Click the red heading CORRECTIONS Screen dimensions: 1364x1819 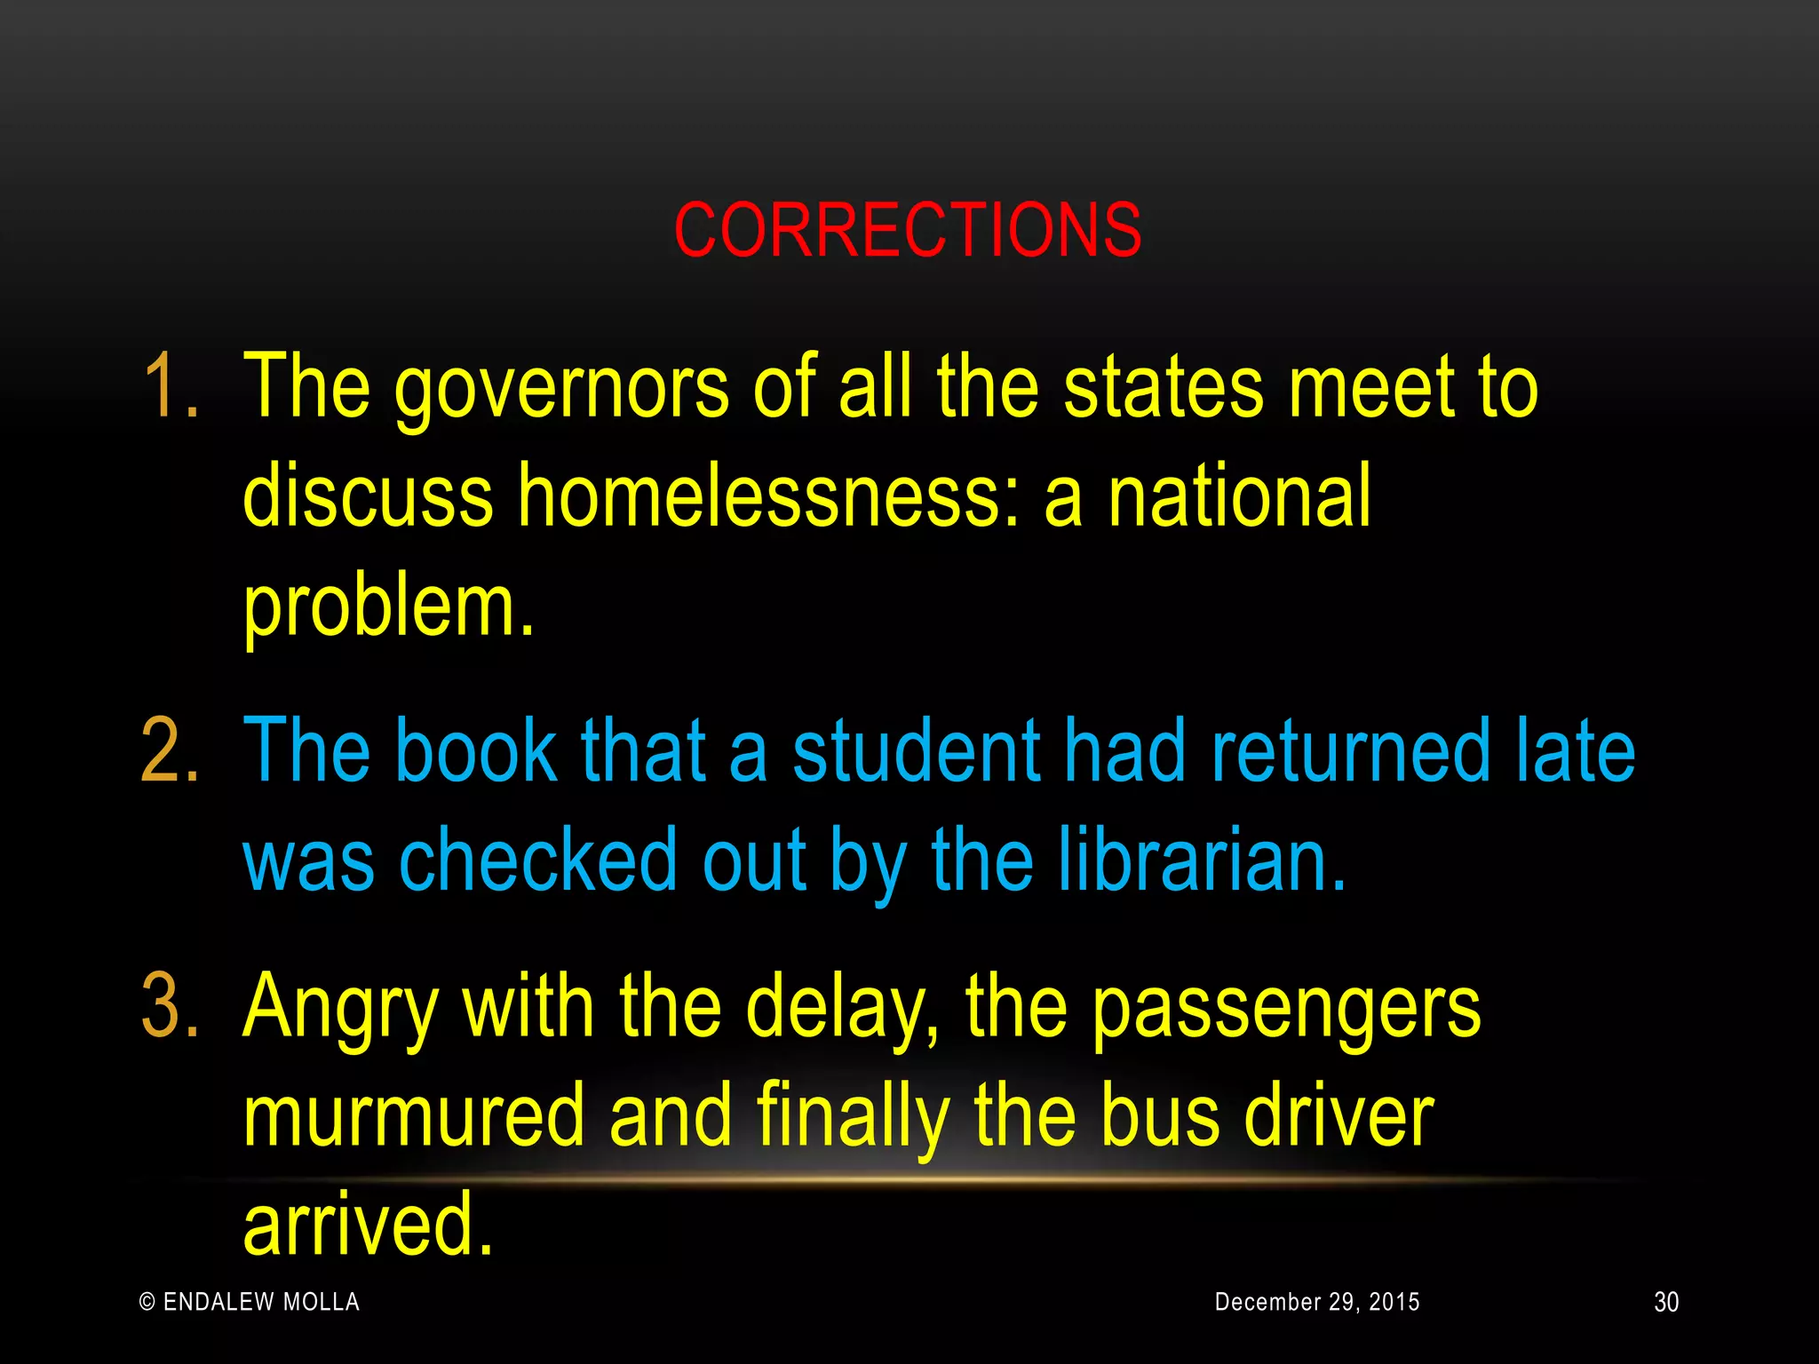[908, 230]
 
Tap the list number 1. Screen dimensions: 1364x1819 [169, 386]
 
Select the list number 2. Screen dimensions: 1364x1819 [169, 752]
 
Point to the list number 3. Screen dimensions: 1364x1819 [169, 1006]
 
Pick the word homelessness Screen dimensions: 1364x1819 [768, 496]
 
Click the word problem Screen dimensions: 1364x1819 [388, 608]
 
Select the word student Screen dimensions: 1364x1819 [916, 752]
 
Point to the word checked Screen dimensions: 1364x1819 [539, 860]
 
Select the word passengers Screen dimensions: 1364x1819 [1286, 1010]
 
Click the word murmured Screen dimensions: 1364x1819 [414, 1116]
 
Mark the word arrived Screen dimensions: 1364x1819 [367, 1225]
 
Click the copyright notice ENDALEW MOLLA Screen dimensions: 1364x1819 [250, 1302]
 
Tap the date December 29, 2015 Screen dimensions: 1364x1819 [1317, 1302]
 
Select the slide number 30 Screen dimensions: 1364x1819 [1666, 1303]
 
